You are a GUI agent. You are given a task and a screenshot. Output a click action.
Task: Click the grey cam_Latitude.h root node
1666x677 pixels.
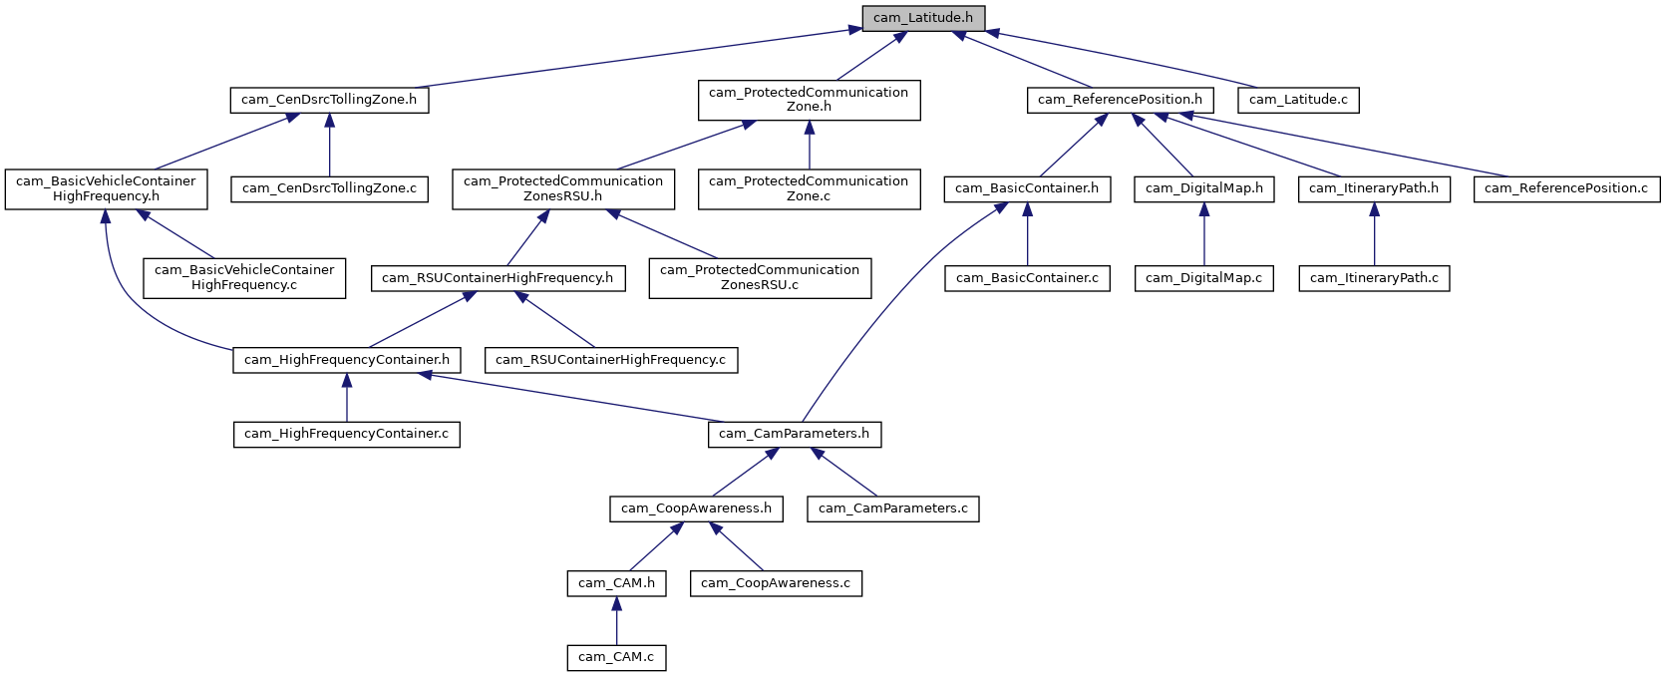923,18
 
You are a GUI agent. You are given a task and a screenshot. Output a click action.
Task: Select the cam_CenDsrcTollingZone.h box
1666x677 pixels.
329,100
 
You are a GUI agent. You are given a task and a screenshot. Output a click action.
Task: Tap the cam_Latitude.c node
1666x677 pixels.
1298,100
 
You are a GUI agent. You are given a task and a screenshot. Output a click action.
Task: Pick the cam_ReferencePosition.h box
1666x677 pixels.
1120,100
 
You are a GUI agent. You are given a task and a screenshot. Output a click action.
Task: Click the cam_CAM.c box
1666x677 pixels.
616,657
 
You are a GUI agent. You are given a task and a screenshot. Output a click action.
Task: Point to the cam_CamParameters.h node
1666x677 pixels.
795,434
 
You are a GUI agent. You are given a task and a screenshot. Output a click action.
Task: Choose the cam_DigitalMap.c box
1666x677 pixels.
1203,278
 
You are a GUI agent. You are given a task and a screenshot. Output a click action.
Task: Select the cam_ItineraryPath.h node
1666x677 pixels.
1374,188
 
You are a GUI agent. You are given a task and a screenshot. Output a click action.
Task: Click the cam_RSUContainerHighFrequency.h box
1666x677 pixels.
498,278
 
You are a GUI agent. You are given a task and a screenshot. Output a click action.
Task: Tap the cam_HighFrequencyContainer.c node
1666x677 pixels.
346,434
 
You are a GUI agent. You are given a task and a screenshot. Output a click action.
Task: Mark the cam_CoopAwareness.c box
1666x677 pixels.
776,583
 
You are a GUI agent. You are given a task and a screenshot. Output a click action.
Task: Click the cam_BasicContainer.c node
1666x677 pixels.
1027,278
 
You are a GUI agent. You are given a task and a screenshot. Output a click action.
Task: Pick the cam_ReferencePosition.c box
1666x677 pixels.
1566,188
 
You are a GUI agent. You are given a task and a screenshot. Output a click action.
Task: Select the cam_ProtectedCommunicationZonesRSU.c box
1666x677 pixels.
760,277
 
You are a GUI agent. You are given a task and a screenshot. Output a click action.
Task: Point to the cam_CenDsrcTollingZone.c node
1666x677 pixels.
329,188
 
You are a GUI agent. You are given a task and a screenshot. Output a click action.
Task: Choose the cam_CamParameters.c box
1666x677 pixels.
892,508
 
